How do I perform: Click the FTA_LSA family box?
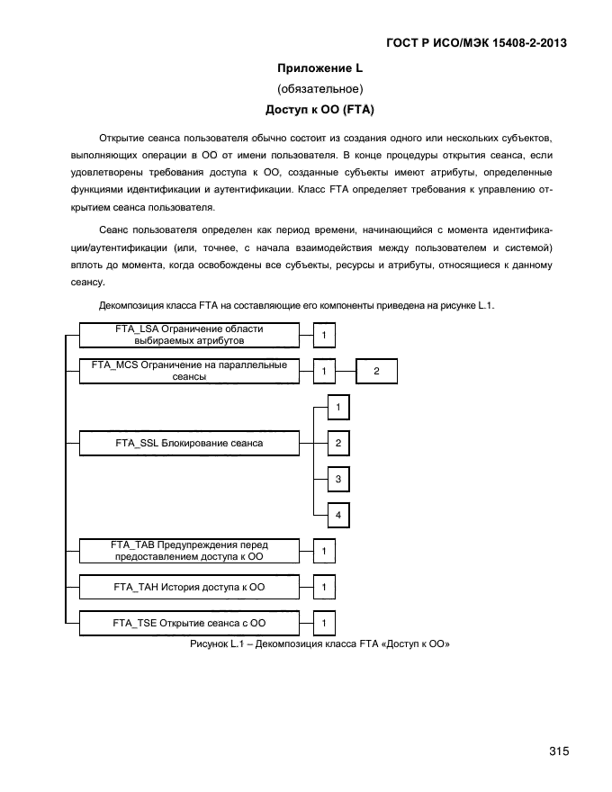tap(189, 336)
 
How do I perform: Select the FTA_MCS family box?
tap(189, 371)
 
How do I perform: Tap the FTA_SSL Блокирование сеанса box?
tap(189, 443)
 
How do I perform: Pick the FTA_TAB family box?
tap(189, 551)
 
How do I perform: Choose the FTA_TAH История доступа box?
tap(189, 587)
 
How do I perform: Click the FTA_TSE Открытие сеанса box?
tap(189, 623)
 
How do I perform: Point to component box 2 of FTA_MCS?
tap(376, 371)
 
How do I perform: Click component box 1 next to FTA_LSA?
tap(324, 336)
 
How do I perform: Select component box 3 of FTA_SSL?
tap(337, 479)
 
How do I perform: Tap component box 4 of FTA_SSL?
tap(337, 515)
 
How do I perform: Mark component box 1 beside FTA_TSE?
tap(324, 623)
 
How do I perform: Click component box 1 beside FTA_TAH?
tap(324, 587)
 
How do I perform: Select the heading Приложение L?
tap(319, 68)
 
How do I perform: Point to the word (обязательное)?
tap(319, 89)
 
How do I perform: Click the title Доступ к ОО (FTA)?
tap(319, 110)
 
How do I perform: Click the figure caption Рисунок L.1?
tap(319, 644)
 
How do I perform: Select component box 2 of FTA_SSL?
tap(337, 443)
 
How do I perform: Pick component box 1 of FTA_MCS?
tap(324, 371)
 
